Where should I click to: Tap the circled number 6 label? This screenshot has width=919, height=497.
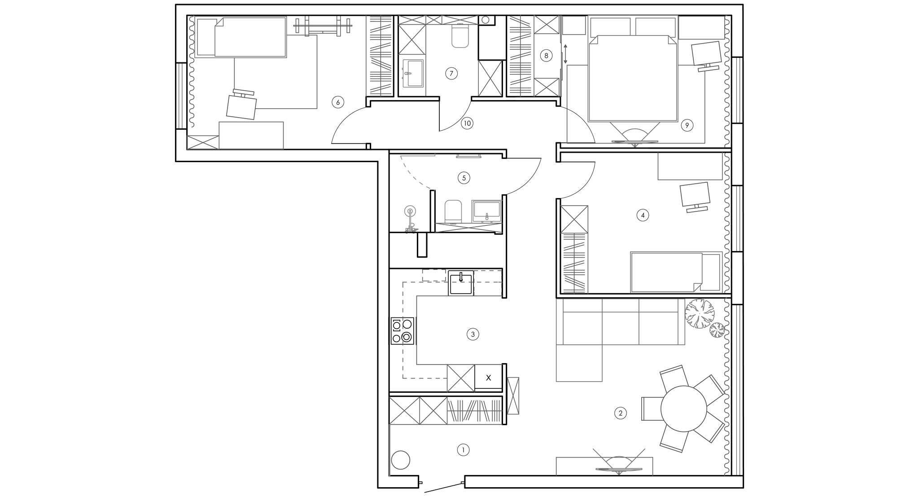pyautogui.click(x=337, y=102)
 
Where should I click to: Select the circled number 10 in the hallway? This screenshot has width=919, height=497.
pyautogui.click(x=467, y=123)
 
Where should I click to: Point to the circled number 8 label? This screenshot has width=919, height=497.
pyautogui.click(x=546, y=56)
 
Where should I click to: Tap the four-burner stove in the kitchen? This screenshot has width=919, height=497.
pyautogui.click(x=403, y=331)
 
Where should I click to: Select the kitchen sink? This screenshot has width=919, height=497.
pyautogui.click(x=460, y=282)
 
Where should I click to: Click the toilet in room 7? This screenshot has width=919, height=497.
pyautogui.click(x=460, y=36)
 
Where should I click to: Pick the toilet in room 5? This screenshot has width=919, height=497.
pyautogui.click(x=453, y=211)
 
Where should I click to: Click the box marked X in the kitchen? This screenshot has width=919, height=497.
pyautogui.click(x=488, y=378)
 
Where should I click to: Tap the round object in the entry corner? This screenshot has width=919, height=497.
pyautogui.click(x=400, y=460)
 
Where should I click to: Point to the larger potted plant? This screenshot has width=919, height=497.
pyautogui.click(x=699, y=314)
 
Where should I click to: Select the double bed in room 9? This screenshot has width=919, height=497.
pyautogui.click(x=633, y=79)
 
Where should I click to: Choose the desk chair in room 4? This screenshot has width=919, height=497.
pyautogui.click(x=695, y=197)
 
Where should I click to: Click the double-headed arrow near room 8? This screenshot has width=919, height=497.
pyautogui.click(x=565, y=53)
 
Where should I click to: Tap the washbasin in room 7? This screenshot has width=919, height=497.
pyautogui.click(x=413, y=73)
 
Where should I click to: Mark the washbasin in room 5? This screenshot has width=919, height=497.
pyautogui.click(x=486, y=211)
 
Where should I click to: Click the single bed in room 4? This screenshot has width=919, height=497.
pyautogui.click(x=676, y=272)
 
